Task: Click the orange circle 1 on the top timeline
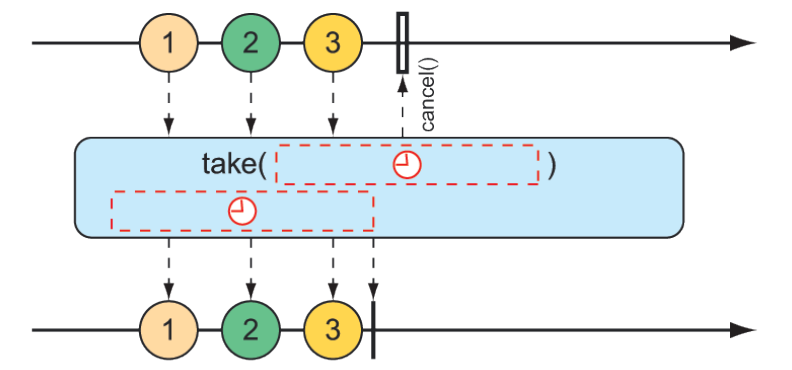(x=168, y=44)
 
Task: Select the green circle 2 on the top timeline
(x=251, y=44)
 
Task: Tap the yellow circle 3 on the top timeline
(x=333, y=44)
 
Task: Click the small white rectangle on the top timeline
(x=402, y=42)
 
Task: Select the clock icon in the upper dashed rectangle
(x=406, y=165)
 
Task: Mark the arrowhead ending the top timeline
(x=741, y=43)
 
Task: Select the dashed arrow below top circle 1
(x=168, y=105)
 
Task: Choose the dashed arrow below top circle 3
(x=333, y=105)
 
